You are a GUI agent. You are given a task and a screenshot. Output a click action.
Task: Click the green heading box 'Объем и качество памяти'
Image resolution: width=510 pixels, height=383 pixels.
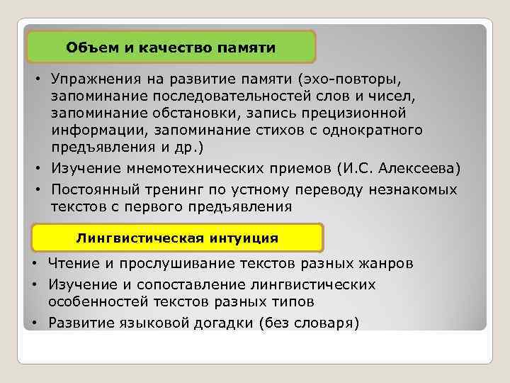(171, 48)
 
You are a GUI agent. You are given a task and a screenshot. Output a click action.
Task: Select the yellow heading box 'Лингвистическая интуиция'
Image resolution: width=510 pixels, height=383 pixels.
(177, 238)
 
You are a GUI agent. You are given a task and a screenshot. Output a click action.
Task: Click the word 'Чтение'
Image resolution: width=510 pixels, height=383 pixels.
(72, 264)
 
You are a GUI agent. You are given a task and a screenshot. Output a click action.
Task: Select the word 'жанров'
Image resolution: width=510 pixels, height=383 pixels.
(383, 264)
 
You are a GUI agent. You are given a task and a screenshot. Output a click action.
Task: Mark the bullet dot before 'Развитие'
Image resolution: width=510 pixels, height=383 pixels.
(35, 324)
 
